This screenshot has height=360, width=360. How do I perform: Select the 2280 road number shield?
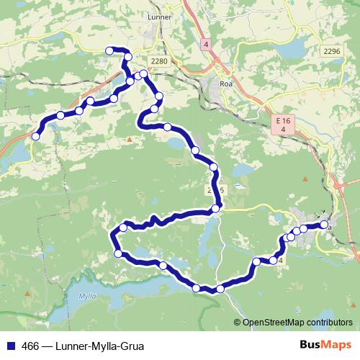159,61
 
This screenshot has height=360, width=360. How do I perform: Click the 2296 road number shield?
331,50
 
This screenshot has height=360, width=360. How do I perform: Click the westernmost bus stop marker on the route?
35,135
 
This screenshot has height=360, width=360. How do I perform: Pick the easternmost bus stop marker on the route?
324,225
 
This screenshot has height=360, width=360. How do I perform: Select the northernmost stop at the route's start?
110,50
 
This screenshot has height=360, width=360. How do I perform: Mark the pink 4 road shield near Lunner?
206,44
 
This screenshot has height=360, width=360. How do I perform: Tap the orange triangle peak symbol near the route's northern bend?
129,139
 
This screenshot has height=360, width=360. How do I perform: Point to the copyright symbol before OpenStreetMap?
237,323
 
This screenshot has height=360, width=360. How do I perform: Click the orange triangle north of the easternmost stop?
305,178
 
